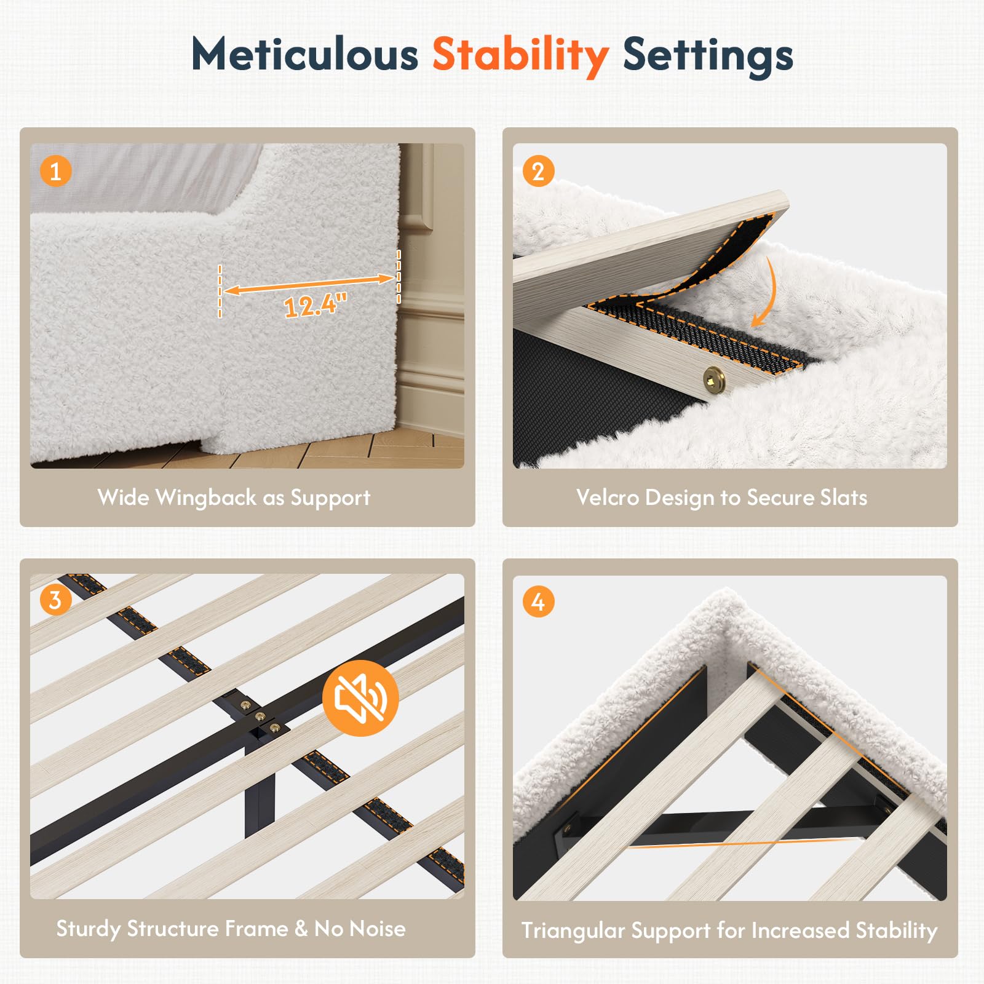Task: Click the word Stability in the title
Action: [x=520, y=56]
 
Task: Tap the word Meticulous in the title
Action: [x=305, y=54]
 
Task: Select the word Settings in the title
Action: [x=708, y=56]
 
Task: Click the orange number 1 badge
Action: [x=56, y=172]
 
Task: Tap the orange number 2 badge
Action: [x=538, y=172]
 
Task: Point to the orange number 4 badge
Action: [x=538, y=602]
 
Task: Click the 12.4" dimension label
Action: [x=315, y=304]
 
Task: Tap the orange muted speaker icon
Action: [x=361, y=698]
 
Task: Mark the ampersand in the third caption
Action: [x=301, y=929]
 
